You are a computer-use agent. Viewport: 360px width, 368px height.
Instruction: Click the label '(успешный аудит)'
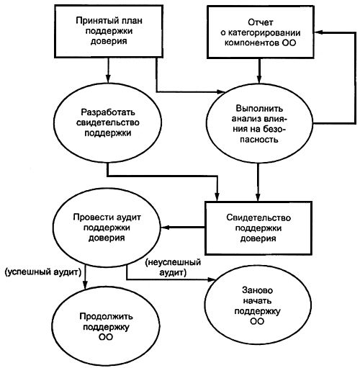[x=43, y=272]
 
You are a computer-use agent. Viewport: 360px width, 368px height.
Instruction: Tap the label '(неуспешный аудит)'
[x=173, y=267]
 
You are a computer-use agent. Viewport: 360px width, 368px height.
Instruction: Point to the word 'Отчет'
[x=261, y=22]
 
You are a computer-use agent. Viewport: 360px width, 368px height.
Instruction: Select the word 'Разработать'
[x=108, y=112]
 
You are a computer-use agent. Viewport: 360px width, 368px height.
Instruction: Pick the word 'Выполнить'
[x=259, y=109]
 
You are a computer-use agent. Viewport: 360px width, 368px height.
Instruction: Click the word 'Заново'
[x=258, y=290]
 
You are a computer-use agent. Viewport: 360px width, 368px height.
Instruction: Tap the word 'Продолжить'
[x=106, y=317]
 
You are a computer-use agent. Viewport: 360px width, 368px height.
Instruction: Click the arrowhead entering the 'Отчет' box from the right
[x=318, y=32]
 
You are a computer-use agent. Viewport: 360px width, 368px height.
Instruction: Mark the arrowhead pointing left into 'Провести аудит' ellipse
[x=165, y=227]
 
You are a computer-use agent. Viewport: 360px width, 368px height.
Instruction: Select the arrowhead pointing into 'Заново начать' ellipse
[x=211, y=279]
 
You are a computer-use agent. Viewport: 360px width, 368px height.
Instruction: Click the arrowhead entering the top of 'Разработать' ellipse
[x=108, y=78]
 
